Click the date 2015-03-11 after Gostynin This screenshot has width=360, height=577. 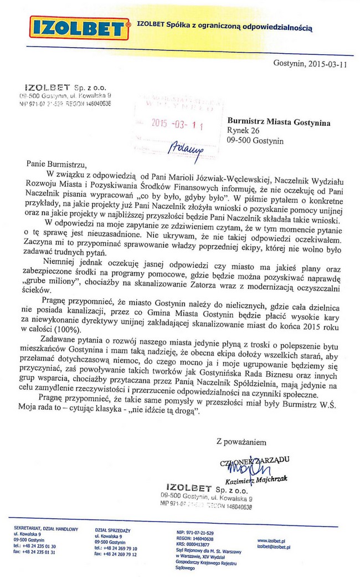[325, 64]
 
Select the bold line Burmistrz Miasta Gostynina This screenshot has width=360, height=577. [279, 122]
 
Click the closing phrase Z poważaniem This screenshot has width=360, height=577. [241, 442]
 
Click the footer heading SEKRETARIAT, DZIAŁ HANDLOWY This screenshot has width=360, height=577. [46, 529]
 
